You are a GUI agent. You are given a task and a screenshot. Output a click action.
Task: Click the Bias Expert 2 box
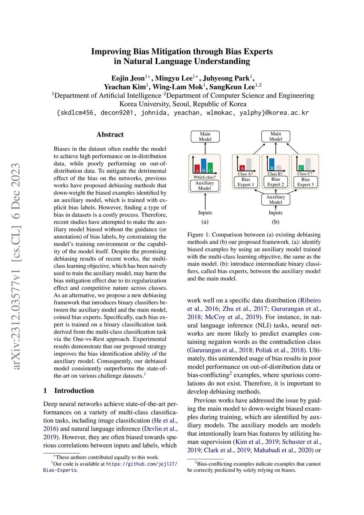click(275, 182)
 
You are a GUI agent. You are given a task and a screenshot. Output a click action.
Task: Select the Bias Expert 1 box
click(246, 182)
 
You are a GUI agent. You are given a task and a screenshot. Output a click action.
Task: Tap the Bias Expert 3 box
click(305, 182)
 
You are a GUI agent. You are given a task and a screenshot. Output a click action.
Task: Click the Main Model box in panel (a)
click(205, 137)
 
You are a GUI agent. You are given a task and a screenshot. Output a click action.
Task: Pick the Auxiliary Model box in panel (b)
click(275, 200)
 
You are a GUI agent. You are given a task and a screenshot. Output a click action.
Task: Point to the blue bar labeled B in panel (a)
click(204, 166)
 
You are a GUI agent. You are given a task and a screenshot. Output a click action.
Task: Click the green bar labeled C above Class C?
click(301, 168)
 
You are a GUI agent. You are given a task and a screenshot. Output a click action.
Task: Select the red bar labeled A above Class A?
click(242, 168)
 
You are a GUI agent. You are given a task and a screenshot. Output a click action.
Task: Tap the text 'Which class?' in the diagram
click(204, 177)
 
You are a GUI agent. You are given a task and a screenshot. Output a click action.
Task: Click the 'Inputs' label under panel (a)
click(205, 213)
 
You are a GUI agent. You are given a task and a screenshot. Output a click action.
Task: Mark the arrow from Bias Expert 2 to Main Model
click(275, 148)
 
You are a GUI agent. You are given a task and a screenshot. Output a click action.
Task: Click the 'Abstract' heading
click(110, 134)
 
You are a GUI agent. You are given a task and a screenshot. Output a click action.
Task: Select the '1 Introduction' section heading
click(69, 391)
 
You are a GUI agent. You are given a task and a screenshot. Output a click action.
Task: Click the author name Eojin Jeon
click(128, 78)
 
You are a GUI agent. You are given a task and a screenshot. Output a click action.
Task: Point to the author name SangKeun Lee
click(232, 87)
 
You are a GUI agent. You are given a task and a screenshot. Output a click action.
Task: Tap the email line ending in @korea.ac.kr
click(183, 113)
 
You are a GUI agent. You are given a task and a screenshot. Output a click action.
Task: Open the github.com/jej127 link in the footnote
click(141, 464)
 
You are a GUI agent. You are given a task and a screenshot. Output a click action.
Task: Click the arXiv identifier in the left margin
click(16, 267)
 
